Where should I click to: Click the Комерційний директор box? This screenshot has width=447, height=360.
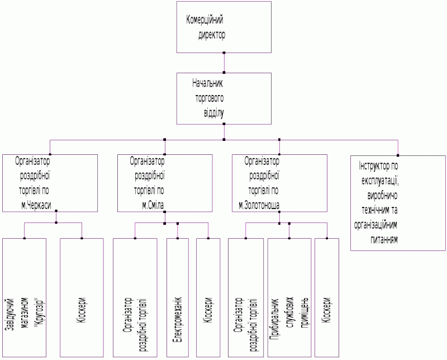pos(224,27)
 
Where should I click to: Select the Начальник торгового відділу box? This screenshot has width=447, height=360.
pos(224,98)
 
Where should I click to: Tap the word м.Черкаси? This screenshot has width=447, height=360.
pos(36,205)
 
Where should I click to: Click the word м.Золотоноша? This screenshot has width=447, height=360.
pos(263,205)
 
